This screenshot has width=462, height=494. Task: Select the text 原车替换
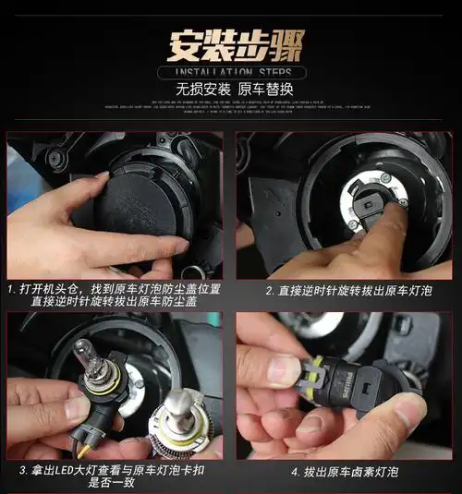pos(269,90)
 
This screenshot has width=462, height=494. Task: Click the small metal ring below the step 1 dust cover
pos(195,271)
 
